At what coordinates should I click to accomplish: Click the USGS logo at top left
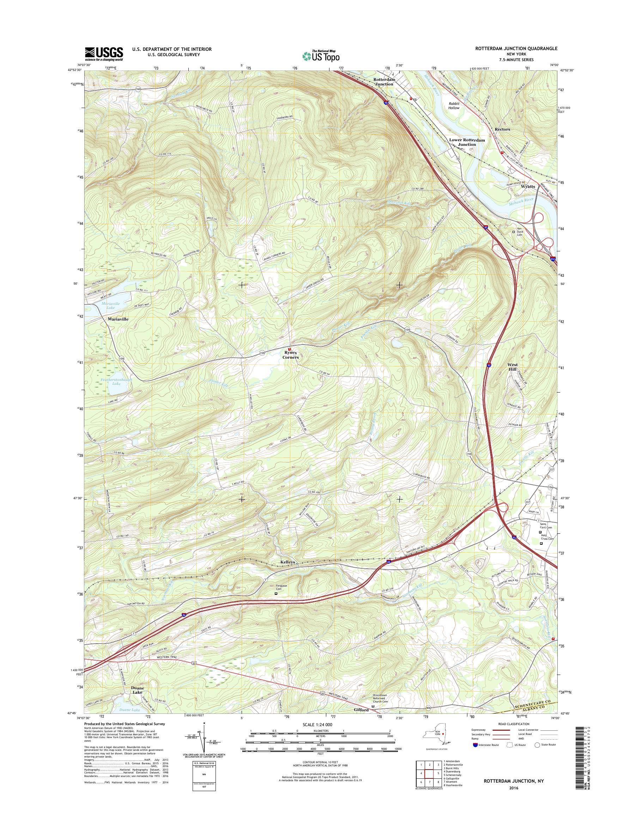104,54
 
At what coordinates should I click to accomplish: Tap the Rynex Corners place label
291,355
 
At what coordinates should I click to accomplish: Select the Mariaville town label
118,319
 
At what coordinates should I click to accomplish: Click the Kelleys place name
288,562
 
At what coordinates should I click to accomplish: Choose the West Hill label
512,367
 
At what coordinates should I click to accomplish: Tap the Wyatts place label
528,186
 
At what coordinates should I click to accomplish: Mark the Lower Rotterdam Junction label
467,142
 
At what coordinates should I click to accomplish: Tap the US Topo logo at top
321,56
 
